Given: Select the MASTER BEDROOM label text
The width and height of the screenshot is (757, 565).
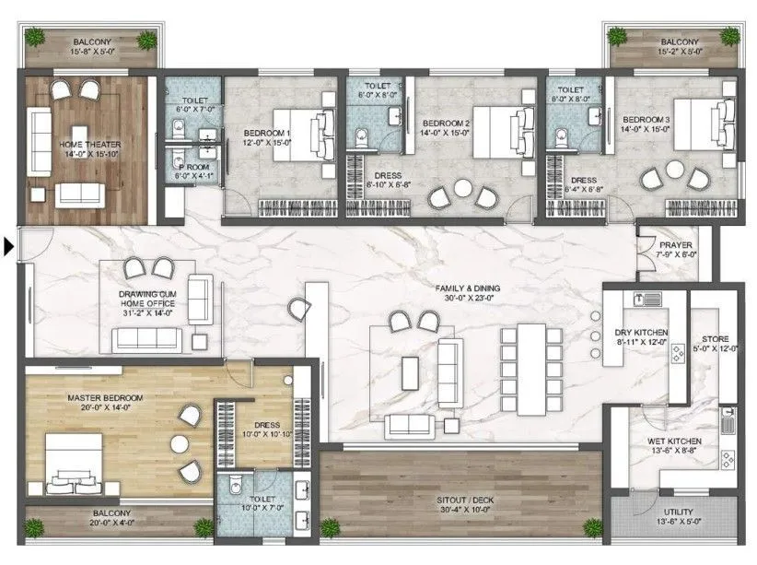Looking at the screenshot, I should pyautogui.click(x=105, y=398).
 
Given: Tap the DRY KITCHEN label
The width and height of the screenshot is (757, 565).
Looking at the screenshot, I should pyautogui.click(x=641, y=332).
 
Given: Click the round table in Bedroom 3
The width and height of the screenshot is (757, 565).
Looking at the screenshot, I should pyautogui.click(x=675, y=171).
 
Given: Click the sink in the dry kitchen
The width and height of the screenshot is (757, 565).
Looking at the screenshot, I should pyautogui.click(x=648, y=299).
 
